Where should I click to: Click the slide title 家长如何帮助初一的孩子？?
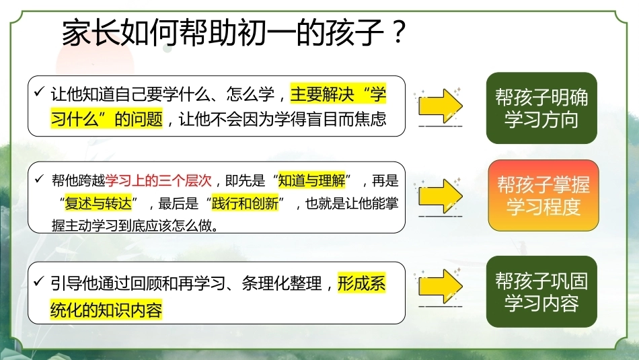[x=234, y=32]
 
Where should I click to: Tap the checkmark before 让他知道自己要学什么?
[x=39, y=92]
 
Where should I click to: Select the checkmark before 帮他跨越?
[x=39, y=178]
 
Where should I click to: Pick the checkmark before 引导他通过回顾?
[x=39, y=281]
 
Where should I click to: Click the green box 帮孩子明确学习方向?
[x=541, y=108]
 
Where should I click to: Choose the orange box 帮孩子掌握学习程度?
[x=543, y=195]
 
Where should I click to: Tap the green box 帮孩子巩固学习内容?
[x=541, y=291]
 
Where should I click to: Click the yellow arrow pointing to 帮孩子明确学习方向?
[x=441, y=106]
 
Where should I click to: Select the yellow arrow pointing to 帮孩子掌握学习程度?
[x=441, y=196]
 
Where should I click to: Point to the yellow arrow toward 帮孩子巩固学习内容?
[x=441, y=286]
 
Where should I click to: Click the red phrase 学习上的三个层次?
[x=159, y=180]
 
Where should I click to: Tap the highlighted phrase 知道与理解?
[x=311, y=180]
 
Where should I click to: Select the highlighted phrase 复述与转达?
[x=98, y=203]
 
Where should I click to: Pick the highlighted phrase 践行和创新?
[x=246, y=203]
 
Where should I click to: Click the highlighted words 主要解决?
[x=322, y=94]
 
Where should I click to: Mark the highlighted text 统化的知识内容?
[x=106, y=310]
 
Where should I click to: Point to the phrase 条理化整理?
[x=282, y=283]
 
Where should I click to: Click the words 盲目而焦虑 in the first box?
[x=346, y=119]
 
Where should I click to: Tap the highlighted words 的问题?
[x=139, y=119]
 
